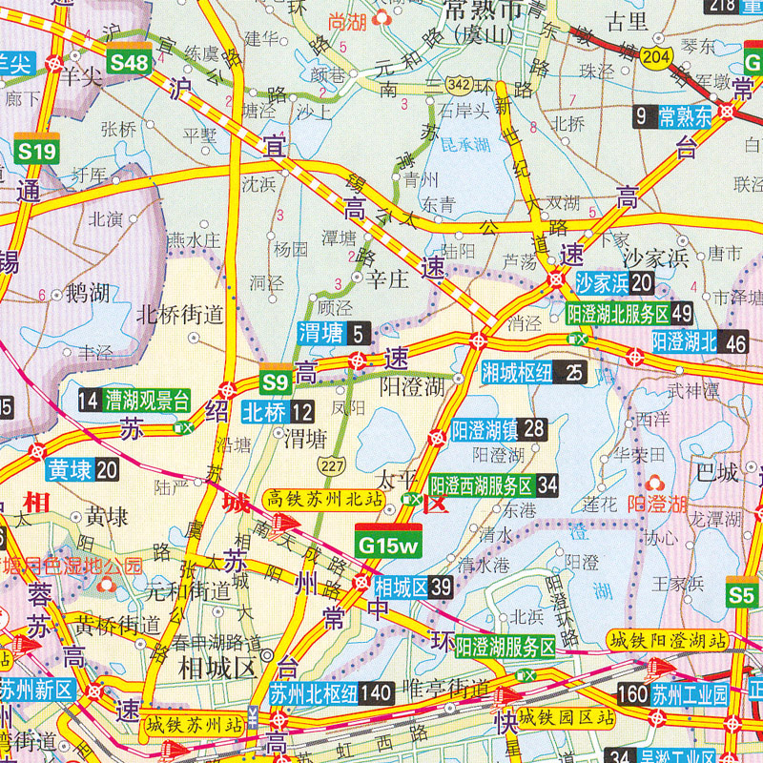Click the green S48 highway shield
click(129, 62)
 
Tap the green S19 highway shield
click(38, 151)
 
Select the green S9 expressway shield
click(275, 382)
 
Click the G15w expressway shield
click(387, 543)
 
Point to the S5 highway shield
click(741, 594)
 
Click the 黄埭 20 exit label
click(82, 469)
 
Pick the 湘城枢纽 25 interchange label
click(533, 371)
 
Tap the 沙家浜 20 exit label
click(614, 282)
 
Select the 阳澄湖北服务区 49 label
click(629, 313)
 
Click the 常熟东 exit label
click(671, 117)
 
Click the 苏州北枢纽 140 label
click(330, 692)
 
